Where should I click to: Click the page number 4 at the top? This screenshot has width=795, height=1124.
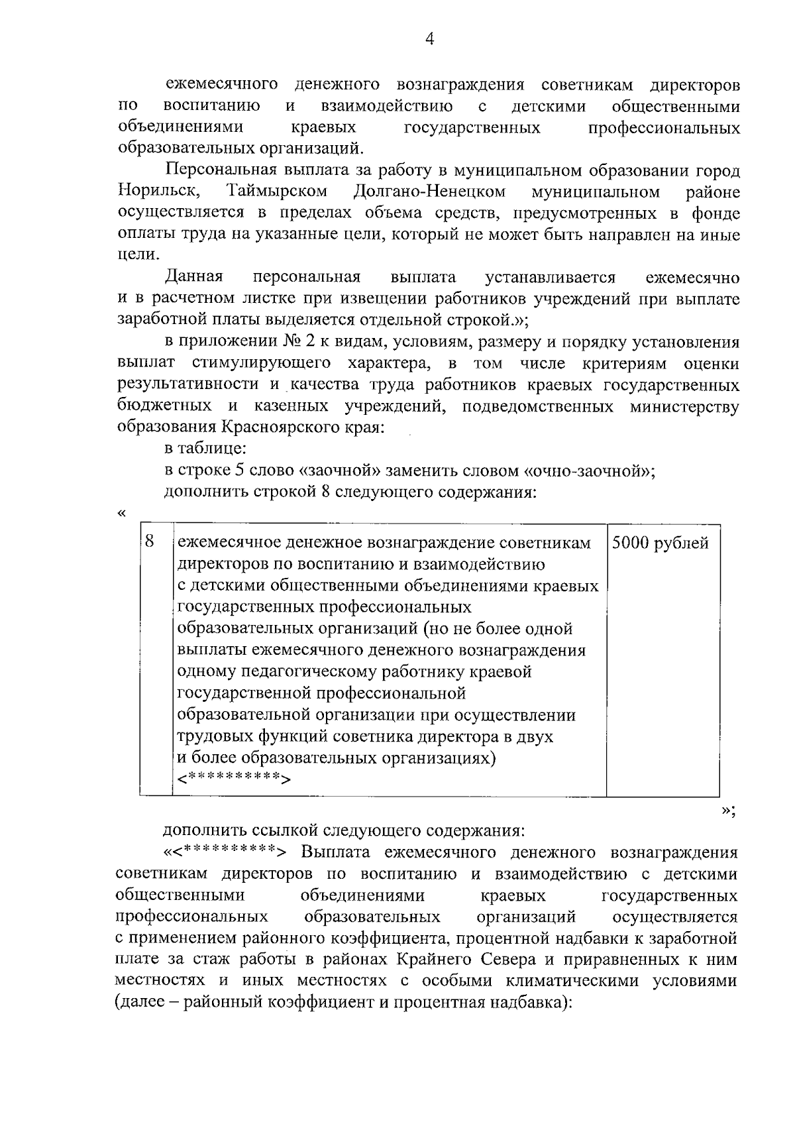429,40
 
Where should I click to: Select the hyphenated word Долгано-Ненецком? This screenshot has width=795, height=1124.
429,192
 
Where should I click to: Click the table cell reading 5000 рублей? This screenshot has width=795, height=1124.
660,543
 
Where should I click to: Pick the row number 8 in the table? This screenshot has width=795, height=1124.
150,541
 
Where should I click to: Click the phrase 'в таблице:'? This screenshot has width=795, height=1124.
197,449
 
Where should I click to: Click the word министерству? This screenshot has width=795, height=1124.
685,406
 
